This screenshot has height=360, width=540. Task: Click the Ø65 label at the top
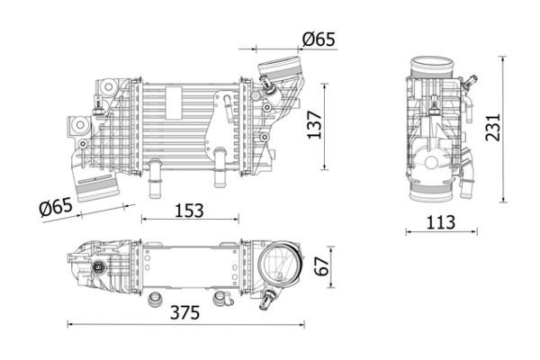click(x=319, y=39)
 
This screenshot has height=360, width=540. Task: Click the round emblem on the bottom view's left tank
click(x=100, y=267)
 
